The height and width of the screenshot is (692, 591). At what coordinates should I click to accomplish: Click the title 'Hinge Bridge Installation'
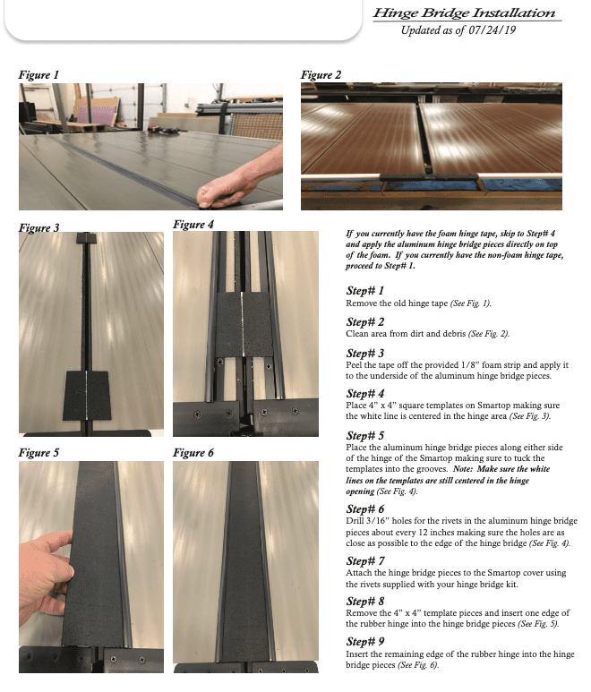click(x=464, y=13)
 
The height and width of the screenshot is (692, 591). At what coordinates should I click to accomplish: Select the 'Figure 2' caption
click(x=321, y=74)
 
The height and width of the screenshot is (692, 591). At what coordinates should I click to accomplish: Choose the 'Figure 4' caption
click(x=193, y=224)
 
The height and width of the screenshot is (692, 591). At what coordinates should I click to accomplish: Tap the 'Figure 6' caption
click(x=193, y=453)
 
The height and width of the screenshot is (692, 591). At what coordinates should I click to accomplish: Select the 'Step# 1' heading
click(x=364, y=292)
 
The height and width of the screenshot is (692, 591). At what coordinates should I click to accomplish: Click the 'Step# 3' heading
click(x=364, y=353)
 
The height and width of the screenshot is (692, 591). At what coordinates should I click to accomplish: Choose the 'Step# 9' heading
click(x=364, y=642)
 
